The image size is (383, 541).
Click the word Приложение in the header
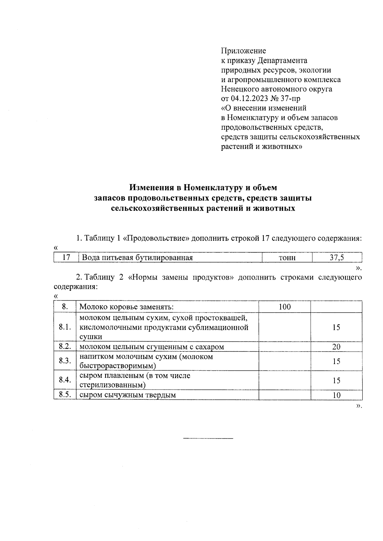244,51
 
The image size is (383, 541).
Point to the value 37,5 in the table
337,258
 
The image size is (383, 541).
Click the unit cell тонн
287,258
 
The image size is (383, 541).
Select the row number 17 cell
66,258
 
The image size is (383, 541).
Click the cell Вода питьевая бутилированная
138,258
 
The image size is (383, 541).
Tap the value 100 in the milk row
284,307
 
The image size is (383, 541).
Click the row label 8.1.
65,327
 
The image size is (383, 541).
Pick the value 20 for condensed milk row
336,347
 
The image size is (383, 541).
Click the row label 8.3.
65,361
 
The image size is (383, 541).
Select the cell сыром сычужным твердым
127,395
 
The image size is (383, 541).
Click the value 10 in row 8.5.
336,395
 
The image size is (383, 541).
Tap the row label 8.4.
65,380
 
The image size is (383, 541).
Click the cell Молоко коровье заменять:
126,307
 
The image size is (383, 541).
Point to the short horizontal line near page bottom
208,439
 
